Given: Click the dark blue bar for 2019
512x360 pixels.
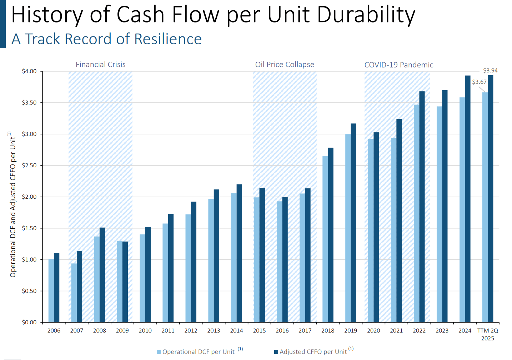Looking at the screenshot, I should click(x=353, y=223).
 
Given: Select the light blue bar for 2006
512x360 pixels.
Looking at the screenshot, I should click(x=51, y=291).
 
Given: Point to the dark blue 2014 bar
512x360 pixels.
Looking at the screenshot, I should click(x=239, y=253).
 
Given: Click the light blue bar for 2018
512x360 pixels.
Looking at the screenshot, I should click(x=325, y=239).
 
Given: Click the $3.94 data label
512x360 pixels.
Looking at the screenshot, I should click(x=490, y=71).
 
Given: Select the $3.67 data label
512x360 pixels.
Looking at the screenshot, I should click(x=479, y=82).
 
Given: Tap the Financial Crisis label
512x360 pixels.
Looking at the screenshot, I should click(x=101, y=65).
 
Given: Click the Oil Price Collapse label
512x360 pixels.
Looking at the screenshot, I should click(x=285, y=65).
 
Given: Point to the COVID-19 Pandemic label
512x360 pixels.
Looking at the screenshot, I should click(x=399, y=65).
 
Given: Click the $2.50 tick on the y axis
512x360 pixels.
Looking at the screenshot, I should click(x=29, y=166).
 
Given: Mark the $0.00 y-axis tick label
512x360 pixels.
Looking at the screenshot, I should click(x=29, y=322).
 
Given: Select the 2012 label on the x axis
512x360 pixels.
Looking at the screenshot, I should click(x=191, y=331).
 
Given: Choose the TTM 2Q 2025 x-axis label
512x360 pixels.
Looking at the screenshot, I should click(x=488, y=334).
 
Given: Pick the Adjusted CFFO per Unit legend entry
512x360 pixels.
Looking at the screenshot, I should click(x=313, y=352).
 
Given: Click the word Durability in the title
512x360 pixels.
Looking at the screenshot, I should click(x=366, y=15).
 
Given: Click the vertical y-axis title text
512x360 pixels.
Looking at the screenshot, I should click(x=13, y=205).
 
